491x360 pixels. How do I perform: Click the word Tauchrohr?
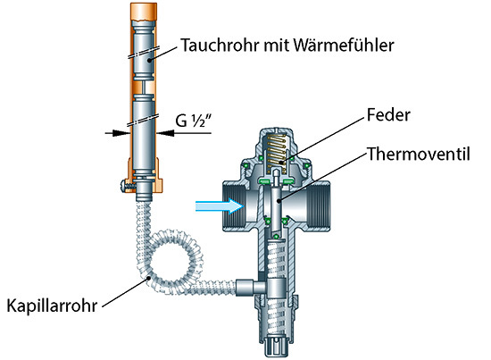point(221,46)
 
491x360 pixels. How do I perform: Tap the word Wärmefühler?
point(344,45)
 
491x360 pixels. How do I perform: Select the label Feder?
point(388,115)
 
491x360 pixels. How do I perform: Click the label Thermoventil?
point(419,155)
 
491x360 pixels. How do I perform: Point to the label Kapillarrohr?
point(52,306)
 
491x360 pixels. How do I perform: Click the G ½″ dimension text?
point(194,121)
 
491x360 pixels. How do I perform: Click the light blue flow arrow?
point(220,206)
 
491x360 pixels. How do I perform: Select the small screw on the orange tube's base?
point(127,187)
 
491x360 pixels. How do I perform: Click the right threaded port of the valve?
point(319,206)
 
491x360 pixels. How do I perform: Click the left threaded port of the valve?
point(234,206)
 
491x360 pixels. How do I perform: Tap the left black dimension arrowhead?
point(121,133)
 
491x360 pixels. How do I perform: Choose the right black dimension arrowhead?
point(165,133)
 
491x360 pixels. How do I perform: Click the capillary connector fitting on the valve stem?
point(251,288)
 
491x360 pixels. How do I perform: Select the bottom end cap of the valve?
point(276,346)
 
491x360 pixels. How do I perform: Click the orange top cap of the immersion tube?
point(144,12)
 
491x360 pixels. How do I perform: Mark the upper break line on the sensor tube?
point(144,53)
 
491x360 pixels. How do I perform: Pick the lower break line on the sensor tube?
point(144,120)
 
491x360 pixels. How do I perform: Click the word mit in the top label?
point(277,46)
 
